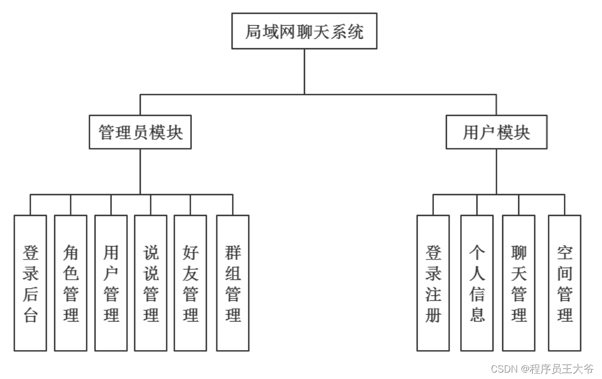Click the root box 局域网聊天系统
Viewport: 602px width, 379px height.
304,31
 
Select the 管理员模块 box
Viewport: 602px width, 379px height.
140,132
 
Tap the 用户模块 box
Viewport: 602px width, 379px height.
496,132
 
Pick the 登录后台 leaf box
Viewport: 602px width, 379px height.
30,283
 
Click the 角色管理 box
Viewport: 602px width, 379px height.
70,283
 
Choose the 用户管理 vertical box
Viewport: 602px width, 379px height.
111,283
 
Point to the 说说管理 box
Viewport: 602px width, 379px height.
151,283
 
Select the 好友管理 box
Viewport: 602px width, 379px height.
190,283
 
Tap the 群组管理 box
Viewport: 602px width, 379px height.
233,283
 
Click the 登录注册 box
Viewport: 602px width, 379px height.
433,283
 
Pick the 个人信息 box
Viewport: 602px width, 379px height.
477,283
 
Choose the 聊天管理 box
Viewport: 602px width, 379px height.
519,283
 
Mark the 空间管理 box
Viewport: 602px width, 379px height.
564,283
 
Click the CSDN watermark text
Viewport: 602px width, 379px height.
542,369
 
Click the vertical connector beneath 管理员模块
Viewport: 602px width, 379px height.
140,172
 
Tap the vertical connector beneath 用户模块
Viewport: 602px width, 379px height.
496,172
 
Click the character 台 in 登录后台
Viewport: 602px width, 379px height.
30,315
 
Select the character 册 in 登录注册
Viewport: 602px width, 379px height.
433,315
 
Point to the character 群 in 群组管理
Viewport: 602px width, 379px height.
233,252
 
